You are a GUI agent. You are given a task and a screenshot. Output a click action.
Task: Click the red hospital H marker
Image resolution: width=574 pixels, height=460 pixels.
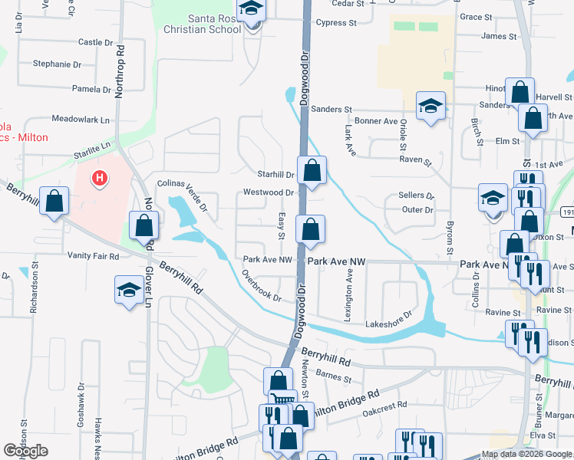99,179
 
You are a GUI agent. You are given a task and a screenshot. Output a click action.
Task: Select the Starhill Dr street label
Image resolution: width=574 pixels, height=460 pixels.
276,175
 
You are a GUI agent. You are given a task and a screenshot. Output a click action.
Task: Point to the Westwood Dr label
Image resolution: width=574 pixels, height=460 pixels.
269,192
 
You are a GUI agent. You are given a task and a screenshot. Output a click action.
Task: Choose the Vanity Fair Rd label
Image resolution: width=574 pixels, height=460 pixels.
93,255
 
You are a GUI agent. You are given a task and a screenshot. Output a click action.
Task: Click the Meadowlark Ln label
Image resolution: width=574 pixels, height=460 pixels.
81,120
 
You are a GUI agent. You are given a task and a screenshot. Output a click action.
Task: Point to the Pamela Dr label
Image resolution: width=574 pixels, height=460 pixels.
91,89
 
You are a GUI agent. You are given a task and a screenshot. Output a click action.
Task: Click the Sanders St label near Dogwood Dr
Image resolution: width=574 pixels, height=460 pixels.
332,110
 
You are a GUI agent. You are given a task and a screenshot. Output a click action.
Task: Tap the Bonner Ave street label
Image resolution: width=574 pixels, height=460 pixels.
376,121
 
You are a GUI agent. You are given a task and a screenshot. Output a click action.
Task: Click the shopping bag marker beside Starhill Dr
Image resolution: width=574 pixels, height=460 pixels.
312,170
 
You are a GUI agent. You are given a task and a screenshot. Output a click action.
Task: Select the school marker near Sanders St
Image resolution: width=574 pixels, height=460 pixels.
430,106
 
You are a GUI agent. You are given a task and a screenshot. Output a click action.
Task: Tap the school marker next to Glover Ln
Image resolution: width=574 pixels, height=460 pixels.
129,290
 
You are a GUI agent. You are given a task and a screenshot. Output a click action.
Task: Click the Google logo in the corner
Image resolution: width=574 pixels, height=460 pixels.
26,451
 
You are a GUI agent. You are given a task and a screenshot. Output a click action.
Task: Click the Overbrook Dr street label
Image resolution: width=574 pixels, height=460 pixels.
261,284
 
